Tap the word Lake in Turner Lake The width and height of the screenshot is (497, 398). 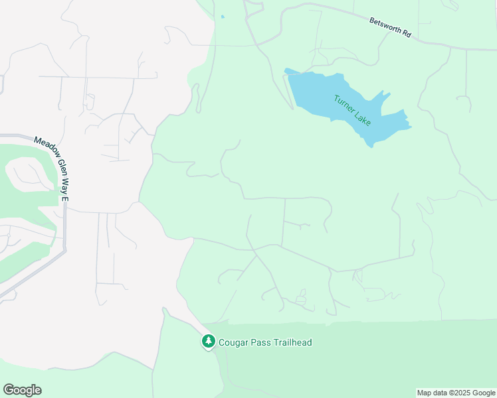pos(363,121)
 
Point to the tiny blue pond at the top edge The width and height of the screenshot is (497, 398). pos(222,17)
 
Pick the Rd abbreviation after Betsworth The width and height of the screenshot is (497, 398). pos(406,34)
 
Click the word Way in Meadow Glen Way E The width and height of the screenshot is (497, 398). pos(65,183)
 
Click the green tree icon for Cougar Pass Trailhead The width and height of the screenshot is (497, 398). pos(209,342)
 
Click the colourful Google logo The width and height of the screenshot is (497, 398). pos(22,390)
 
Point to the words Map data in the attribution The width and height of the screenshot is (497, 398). pos(431,393)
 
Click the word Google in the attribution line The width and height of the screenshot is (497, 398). pos(484,393)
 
